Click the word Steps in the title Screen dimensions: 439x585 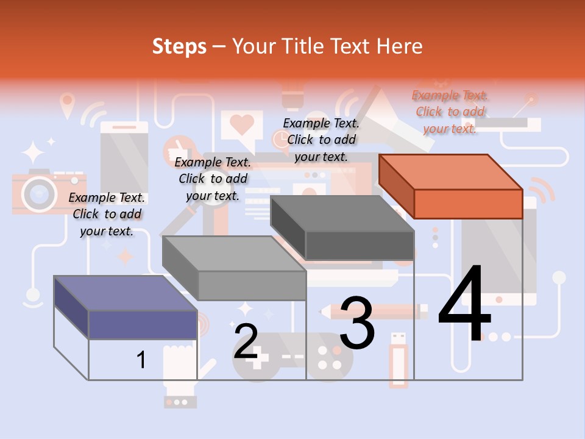179,46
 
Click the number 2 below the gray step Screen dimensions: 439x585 246,341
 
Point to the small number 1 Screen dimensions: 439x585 141,360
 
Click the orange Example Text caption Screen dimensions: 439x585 450,112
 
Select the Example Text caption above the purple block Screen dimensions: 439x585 107,214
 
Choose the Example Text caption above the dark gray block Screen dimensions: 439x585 321,140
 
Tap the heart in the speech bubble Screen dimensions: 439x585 242,124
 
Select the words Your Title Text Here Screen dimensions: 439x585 327,46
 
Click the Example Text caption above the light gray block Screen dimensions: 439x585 213,179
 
